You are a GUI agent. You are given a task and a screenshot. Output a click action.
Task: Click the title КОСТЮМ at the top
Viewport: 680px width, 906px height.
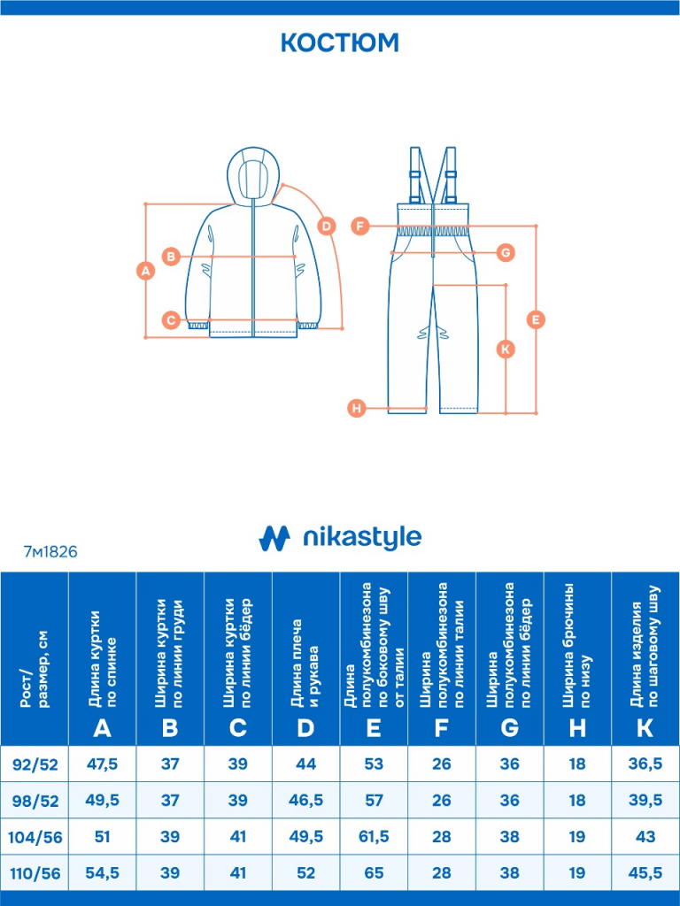coord(340,42)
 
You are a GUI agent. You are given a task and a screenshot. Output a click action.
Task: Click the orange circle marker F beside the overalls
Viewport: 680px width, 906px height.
coord(359,226)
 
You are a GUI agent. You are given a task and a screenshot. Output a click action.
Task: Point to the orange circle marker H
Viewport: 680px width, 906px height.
coord(356,408)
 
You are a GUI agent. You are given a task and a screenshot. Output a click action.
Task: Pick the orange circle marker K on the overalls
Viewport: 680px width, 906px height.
coord(505,349)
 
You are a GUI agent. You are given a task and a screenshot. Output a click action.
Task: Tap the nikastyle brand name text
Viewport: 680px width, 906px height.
coord(362,537)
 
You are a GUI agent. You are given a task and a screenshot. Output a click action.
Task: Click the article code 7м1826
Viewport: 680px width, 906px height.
coord(50,551)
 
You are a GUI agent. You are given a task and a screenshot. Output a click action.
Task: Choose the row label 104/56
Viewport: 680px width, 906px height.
coord(35,837)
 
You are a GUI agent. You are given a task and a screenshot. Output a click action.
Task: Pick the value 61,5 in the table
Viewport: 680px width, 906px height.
coord(374,837)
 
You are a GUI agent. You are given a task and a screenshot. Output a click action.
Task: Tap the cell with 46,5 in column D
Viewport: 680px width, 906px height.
coord(305,801)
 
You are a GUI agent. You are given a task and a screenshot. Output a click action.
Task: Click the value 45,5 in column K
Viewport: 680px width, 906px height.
coord(645,873)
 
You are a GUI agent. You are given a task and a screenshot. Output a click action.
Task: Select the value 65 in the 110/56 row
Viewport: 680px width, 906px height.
coord(374,873)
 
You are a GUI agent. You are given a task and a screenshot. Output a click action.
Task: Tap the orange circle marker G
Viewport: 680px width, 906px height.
coord(506,253)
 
